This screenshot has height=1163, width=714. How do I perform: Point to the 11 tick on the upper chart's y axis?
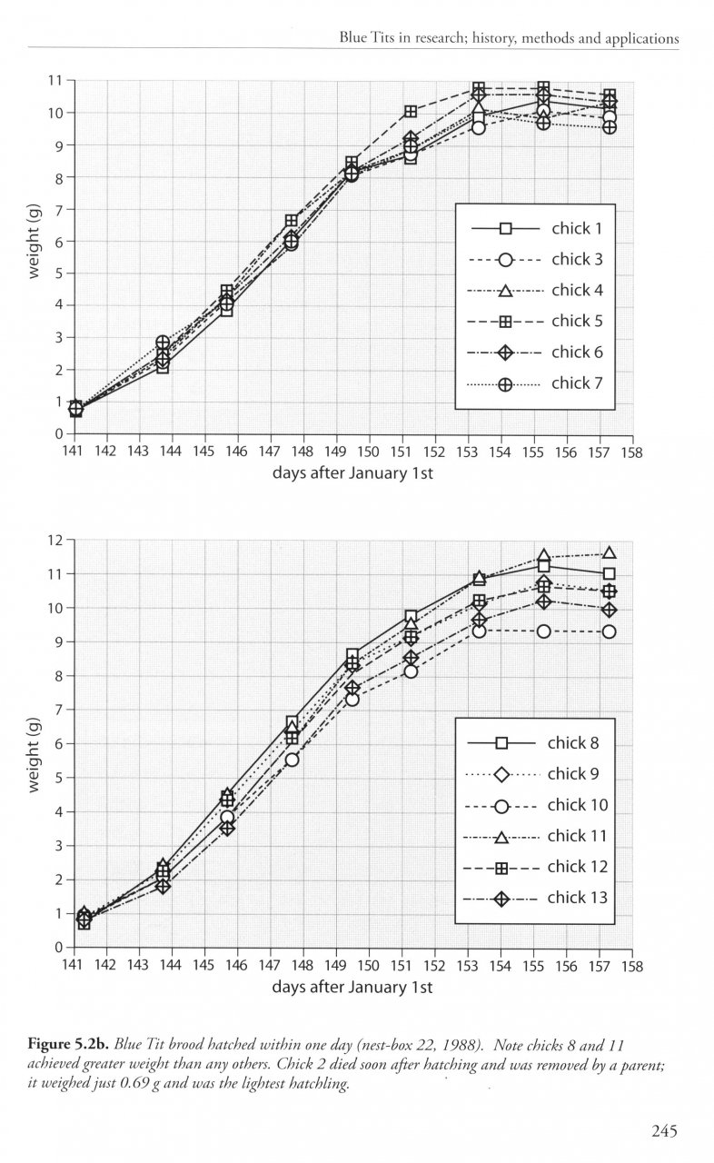coord(55,81)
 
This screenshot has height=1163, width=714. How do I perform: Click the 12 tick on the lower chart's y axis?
coord(55,540)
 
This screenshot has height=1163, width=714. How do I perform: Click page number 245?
coord(665,1131)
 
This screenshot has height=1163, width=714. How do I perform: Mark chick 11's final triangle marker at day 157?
coord(609,553)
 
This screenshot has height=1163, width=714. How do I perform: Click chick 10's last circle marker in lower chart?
coord(609,631)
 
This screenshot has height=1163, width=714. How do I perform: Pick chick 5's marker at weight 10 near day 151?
coord(411,112)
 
